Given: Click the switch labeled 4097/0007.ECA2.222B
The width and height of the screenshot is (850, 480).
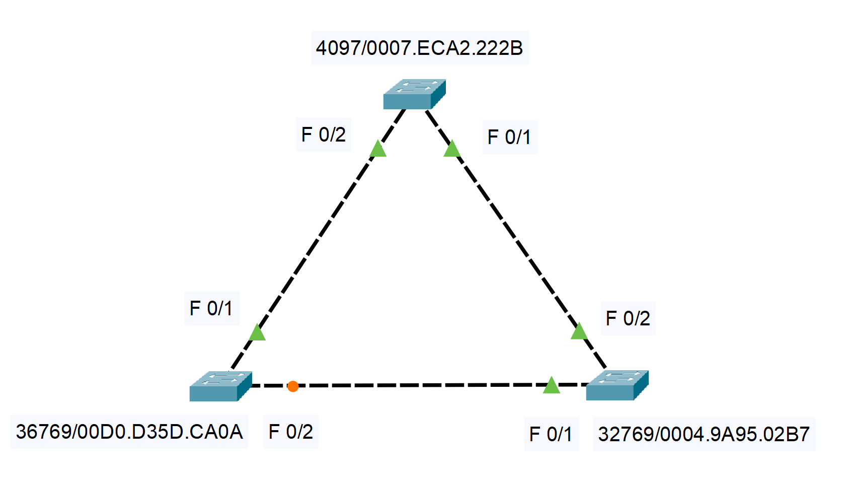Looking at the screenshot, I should (414, 94).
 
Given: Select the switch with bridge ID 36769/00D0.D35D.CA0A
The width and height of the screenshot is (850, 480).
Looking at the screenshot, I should (220, 386).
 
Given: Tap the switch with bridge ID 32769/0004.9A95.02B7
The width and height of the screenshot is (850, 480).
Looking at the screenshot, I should (617, 385).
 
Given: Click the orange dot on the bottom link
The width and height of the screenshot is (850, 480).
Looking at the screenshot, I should (293, 386).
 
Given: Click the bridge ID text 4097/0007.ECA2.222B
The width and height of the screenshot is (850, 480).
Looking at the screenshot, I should (419, 48).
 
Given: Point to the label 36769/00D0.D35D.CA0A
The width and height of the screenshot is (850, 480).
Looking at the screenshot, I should (129, 432).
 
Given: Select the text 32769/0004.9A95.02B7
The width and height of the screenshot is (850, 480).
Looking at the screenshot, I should (704, 434).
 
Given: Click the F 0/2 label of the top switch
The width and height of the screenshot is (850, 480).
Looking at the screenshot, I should (324, 134).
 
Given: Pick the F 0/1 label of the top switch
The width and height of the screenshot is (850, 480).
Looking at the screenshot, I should (509, 137).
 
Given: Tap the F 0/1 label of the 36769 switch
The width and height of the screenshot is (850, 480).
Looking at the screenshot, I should (211, 308).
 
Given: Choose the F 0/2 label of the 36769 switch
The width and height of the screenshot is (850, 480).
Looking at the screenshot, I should (291, 432).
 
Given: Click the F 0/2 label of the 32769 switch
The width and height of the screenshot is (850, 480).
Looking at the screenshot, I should (628, 318).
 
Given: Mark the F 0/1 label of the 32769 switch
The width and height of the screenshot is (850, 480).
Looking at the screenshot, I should (551, 434).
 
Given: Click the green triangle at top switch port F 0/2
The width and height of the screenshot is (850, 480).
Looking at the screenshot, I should (377, 150).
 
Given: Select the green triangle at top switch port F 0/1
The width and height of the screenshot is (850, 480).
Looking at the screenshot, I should (452, 149).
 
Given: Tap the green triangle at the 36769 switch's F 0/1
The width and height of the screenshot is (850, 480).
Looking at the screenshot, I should (257, 333).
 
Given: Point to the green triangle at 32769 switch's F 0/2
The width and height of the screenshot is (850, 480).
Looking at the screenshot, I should (579, 331).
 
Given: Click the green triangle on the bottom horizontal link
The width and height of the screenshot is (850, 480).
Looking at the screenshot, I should (552, 385).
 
